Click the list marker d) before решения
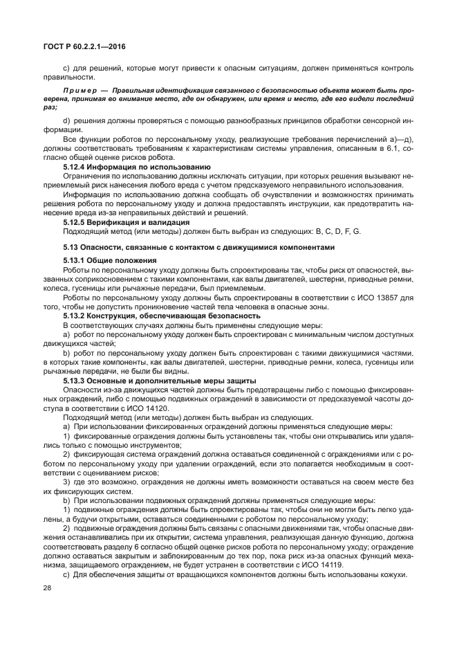tap(67, 120)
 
